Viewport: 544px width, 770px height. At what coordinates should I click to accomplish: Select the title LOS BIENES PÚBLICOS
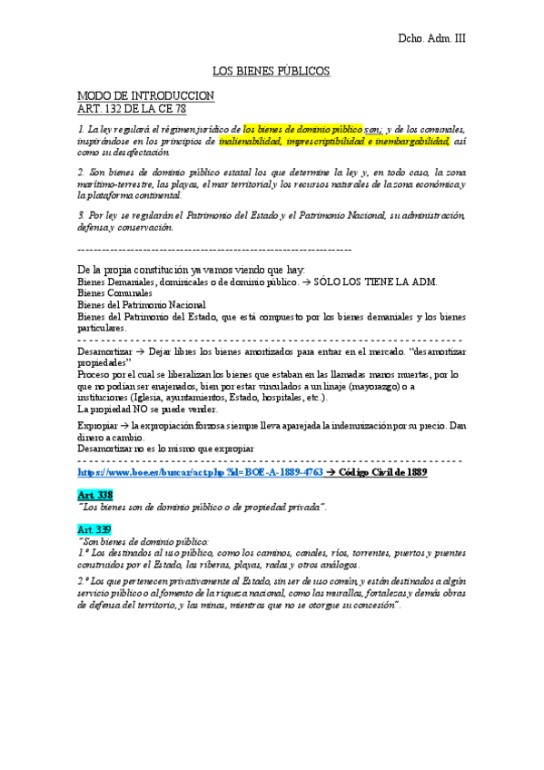click(271, 71)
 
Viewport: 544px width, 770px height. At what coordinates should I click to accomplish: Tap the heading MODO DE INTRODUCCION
click(145, 95)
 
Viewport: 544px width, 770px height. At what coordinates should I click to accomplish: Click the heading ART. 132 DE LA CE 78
click(132, 108)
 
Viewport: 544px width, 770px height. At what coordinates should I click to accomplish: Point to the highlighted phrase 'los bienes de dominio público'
click(302, 130)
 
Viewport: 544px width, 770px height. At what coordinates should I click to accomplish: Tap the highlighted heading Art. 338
click(94, 494)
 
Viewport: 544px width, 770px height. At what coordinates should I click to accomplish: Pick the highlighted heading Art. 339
click(94, 528)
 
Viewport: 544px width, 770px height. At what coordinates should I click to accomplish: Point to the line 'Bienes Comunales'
click(115, 294)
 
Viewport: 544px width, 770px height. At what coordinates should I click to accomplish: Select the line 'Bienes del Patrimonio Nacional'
click(142, 305)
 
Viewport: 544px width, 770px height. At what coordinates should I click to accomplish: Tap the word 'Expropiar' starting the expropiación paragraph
click(97, 425)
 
